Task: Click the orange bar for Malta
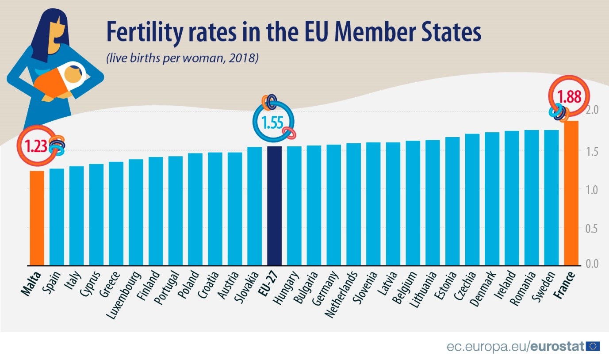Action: [37, 218]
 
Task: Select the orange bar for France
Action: [571, 193]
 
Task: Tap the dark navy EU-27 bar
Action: [274, 206]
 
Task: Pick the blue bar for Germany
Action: [333, 205]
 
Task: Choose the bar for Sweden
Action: [552, 198]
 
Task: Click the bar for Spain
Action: [57, 217]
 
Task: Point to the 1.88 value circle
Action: [569, 96]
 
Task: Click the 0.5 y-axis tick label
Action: [593, 228]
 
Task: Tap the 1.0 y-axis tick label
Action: [593, 190]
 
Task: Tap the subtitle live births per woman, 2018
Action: [182, 58]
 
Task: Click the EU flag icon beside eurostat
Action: [592, 346]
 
